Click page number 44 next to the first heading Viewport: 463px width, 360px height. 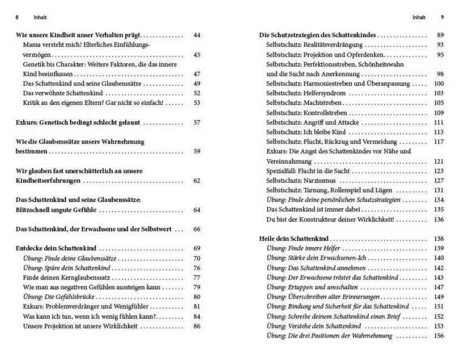point(197,36)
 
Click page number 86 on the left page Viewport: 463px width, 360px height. point(197,326)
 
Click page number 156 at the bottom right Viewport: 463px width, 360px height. point(439,336)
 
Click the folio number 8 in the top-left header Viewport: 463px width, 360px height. point(17,16)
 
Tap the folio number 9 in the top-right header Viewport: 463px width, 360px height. point(442,16)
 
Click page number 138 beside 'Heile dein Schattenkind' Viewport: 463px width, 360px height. point(439,238)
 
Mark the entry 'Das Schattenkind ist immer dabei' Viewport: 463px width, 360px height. point(309,209)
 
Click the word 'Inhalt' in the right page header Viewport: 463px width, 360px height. point(419,16)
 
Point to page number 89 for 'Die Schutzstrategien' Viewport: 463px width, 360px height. point(440,36)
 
